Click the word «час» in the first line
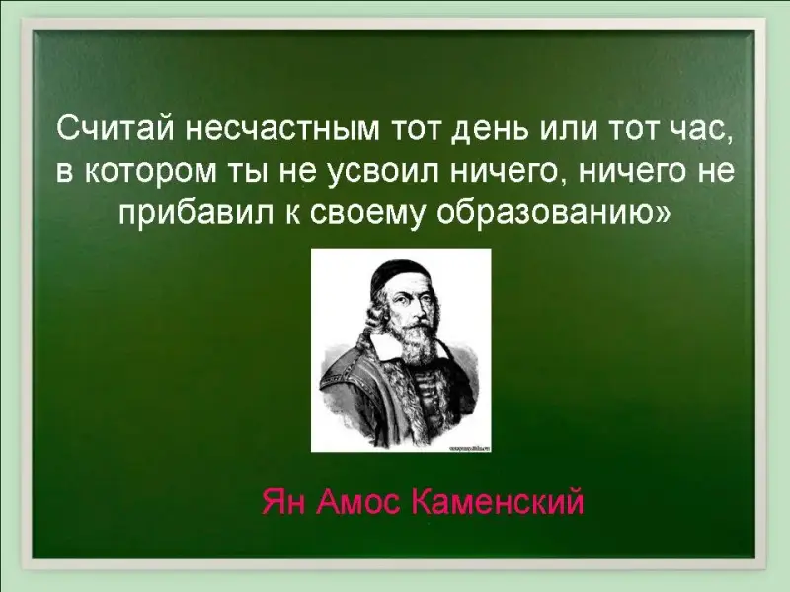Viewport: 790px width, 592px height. click(698, 132)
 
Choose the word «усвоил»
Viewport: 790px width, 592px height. click(384, 174)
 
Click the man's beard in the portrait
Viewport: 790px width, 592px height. click(417, 347)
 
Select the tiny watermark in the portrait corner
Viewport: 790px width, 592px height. click(468, 448)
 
